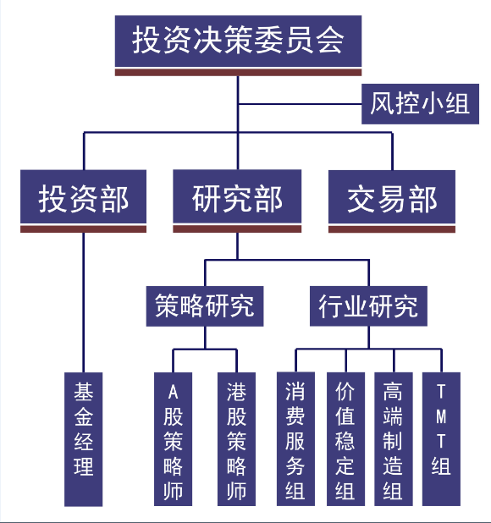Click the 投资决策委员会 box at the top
tap(238, 41)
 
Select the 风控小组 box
tap(420, 104)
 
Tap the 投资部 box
tap(84, 196)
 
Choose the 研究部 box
tap(237, 196)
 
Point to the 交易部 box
tap(392, 196)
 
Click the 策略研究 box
tap(205, 306)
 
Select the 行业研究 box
tap(368, 306)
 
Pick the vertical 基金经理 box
tap(84, 439)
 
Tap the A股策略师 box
tap(173, 439)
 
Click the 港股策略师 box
tap(236, 439)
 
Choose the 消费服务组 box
tap(295, 439)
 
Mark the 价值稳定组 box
tap(345, 439)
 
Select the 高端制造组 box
tap(394, 439)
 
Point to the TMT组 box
tap(441, 439)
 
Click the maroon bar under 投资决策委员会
tap(238, 73)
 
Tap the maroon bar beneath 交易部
tap(392, 229)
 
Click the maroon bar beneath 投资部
tap(84, 229)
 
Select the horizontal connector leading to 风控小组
tap(301, 104)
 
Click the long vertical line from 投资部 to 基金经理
tap(84, 302)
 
